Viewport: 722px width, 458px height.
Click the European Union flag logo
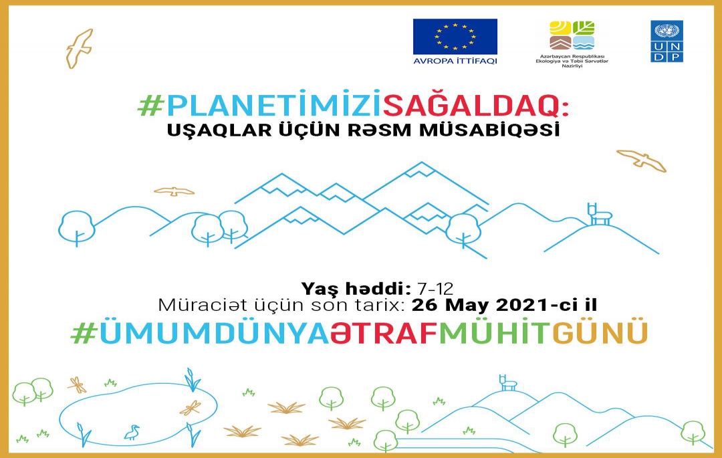pos(455,37)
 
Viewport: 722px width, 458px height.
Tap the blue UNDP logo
pos(667,41)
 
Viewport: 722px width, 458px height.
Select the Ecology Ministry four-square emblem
pos(572,35)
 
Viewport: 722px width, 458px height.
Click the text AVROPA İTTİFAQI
pos(455,61)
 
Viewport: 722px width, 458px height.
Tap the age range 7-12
pos(435,289)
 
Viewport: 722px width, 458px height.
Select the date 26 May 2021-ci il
pos(504,305)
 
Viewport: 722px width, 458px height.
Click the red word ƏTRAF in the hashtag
pos(384,333)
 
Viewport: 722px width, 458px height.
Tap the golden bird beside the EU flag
pos(79,49)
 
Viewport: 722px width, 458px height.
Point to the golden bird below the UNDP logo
pos(642,160)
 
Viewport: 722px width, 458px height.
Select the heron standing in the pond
pos(132,432)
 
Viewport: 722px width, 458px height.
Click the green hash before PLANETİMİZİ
pos(151,106)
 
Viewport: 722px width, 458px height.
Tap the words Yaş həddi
pos(356,289)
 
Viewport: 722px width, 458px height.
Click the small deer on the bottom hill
pos(507,382)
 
